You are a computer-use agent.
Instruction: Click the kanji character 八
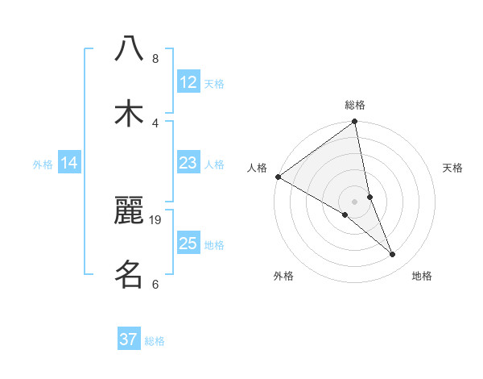pos(129,48)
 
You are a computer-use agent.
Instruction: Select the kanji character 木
pos(129,113)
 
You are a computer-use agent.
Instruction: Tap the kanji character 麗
pos(129,211)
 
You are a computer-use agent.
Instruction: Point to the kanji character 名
pos(129,274)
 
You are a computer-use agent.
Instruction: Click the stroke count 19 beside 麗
pos(156,219)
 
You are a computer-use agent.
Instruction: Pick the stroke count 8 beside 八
pos(155,59)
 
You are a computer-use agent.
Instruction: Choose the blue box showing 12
pos(188,82)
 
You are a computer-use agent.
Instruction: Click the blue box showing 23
pos(188,163)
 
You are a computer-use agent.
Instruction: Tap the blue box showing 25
pos(188,244)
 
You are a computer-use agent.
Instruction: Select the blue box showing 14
pos(69,163)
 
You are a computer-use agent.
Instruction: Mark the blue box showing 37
pos(129,339)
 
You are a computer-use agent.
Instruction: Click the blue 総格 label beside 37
pos(155,341)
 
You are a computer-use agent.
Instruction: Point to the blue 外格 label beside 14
pos(43,165)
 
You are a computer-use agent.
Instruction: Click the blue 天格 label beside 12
pos(214,84)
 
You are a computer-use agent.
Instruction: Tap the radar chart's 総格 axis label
pos(355,105)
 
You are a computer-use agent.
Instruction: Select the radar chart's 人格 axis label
pos(257,168)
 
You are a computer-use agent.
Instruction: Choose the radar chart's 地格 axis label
pos(422,276)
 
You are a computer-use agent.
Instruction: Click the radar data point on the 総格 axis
pos(355,123)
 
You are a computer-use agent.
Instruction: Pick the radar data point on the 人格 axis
pos(278,177)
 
